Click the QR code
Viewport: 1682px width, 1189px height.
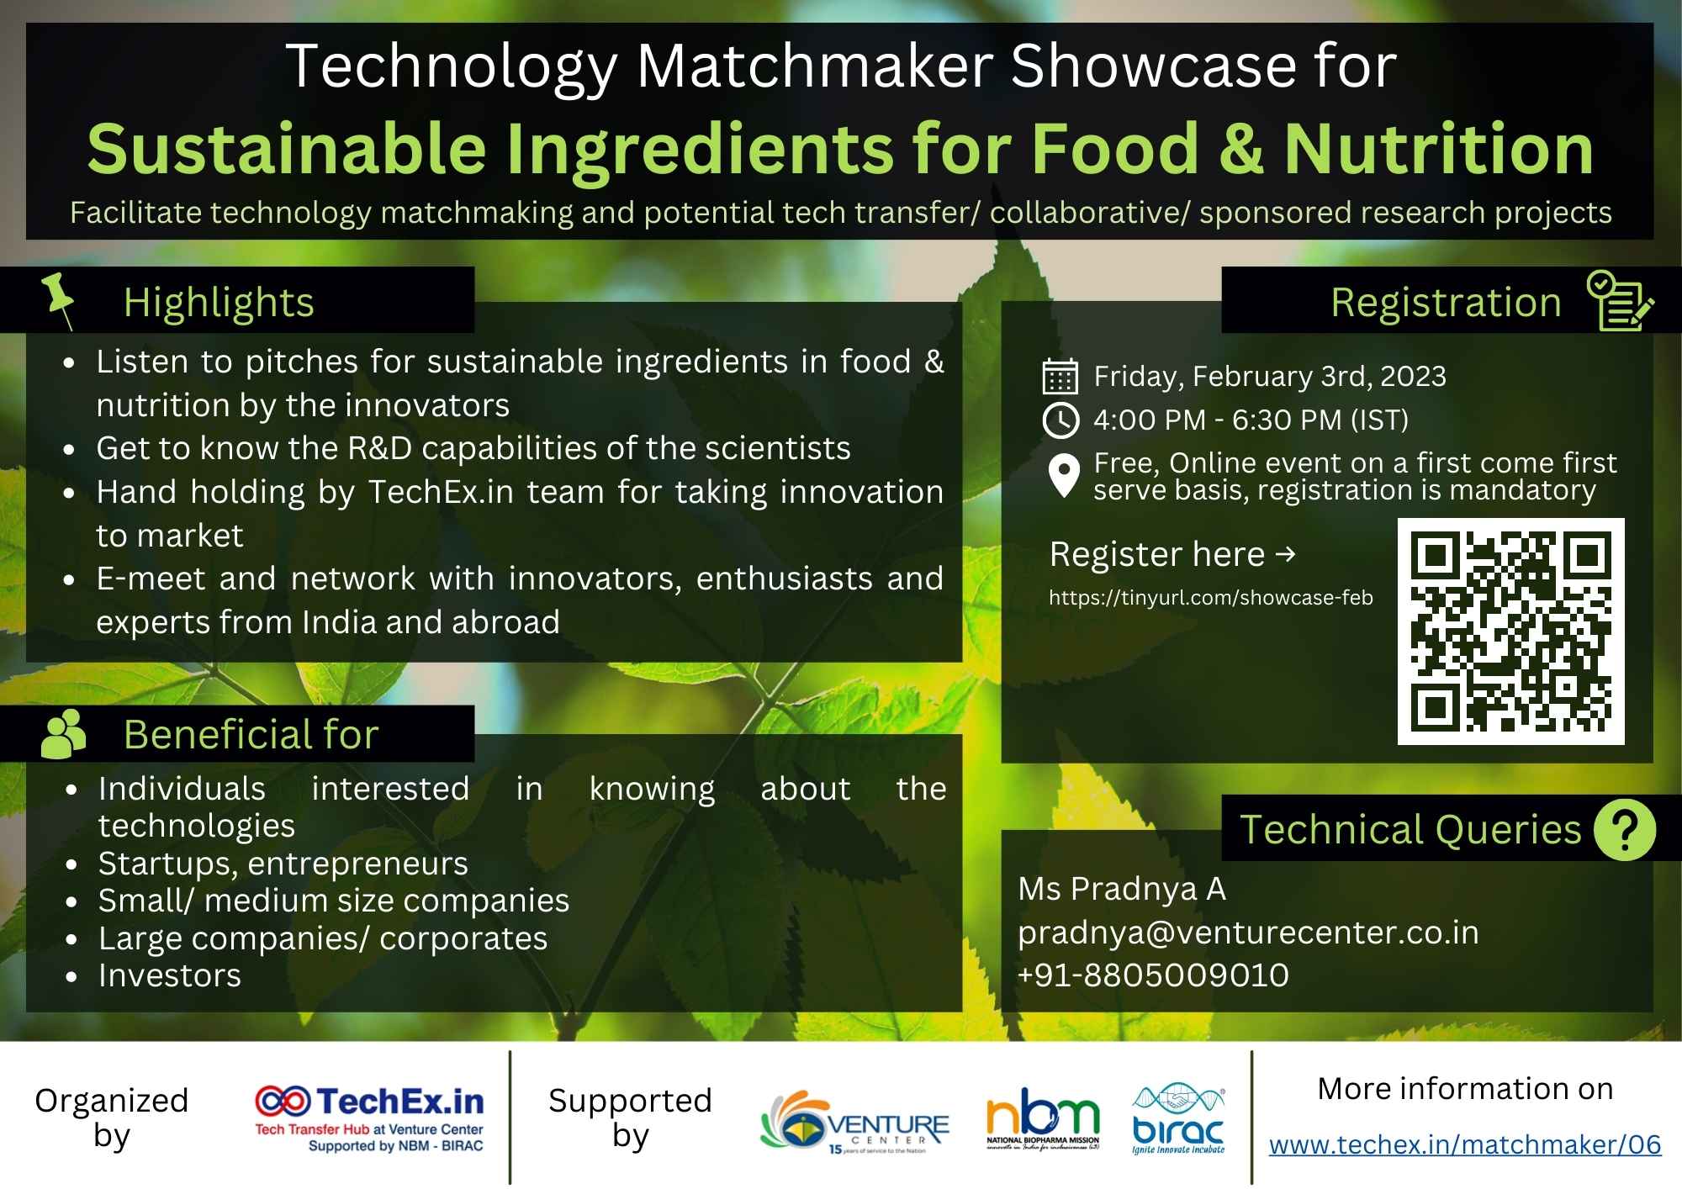1510,631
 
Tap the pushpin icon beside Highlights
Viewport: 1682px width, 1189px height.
60,299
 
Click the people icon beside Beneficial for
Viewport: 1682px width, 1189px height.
63,734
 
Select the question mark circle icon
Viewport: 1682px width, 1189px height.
1625,829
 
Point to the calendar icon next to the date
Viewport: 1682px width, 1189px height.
1060,377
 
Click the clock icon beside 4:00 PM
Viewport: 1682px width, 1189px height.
1060,420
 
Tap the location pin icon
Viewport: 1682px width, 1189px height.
1064,476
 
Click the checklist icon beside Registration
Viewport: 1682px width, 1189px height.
1620,300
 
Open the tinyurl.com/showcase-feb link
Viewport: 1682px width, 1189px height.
1210,598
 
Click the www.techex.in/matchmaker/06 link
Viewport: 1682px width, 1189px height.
1464,1144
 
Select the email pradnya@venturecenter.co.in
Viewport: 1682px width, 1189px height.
1248,933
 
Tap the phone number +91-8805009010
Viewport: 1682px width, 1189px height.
1153,975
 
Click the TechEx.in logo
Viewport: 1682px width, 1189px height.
370,1118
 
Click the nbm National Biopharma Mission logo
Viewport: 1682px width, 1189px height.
1043,1118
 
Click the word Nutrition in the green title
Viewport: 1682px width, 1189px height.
1438,149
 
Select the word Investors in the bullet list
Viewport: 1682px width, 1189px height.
170,975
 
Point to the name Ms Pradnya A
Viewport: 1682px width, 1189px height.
1122,889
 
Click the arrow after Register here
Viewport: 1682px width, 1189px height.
1285,554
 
